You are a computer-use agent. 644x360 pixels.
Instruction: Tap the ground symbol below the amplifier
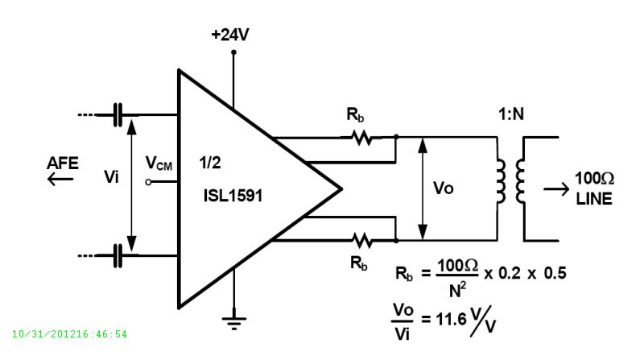(233, 323)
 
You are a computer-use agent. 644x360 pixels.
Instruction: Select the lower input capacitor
(120, 256)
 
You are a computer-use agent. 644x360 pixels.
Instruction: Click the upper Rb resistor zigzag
(362, 138)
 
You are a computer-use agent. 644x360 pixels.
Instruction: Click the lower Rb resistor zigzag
(362, 239)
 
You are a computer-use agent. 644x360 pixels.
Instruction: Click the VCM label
(158, 163)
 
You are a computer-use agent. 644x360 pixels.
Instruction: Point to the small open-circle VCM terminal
(148, 183)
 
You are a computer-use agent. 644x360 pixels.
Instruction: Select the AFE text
(63, 163)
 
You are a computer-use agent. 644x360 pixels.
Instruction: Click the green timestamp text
(70, 333)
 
